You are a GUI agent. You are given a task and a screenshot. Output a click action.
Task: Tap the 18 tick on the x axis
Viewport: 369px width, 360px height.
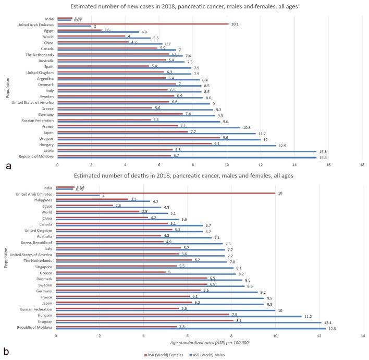pos(362,164)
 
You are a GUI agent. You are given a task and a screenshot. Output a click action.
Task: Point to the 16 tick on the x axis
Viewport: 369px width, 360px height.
pos(328,164)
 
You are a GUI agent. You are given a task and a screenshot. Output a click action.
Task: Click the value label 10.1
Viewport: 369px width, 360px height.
pos(235,23)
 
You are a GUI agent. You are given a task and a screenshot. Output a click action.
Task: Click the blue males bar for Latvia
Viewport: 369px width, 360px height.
pos(187,151)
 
